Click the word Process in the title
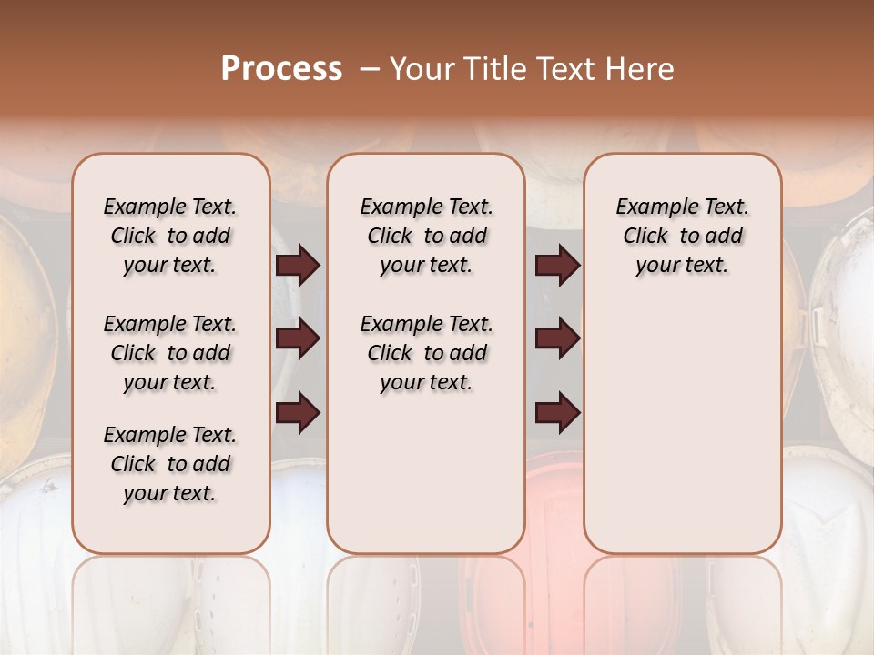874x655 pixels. pos(281,69)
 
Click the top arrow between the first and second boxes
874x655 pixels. pos(298,266)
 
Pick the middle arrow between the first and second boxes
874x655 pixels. pos(298,339)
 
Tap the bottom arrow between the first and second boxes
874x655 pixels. pos(298,412)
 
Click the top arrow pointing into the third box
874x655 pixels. pos(557,266)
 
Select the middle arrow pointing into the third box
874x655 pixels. pos(557,339)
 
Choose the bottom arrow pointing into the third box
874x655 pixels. pos(557,412)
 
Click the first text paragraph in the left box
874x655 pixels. pos(170,236)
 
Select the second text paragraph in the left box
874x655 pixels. pos(170,353)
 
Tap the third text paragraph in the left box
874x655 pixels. pos(170,464)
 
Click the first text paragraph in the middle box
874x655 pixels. pos(426,236)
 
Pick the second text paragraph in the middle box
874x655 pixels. pos(426,353)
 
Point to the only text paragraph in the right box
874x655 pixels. pos(682,236)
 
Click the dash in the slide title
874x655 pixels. pos(370,70)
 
